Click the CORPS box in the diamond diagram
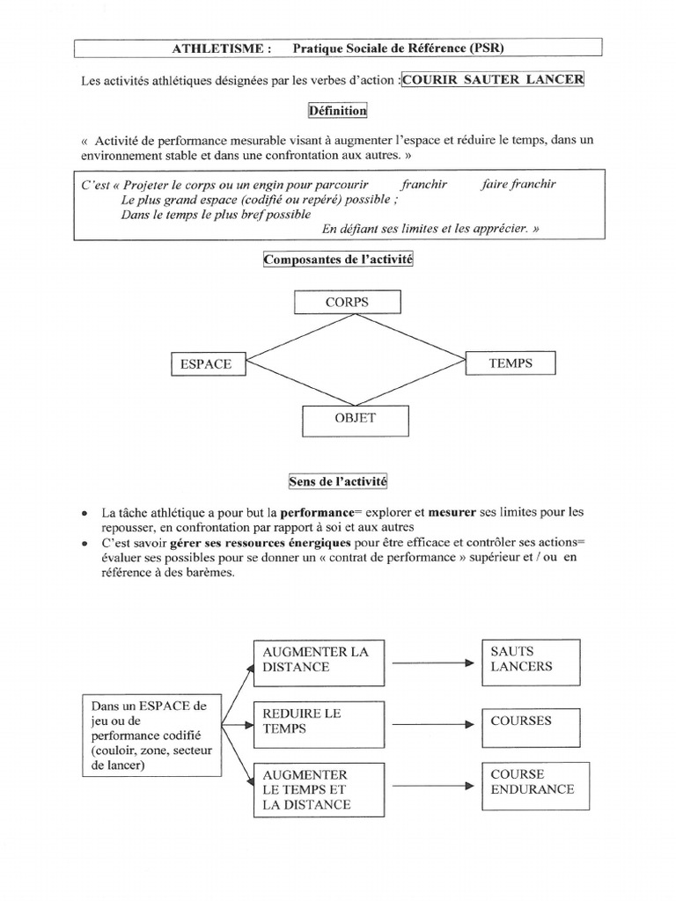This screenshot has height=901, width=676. (x=347, y=302)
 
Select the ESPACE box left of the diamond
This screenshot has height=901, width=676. (x=207, y=363)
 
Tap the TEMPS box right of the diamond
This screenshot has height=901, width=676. (x=511, y=362)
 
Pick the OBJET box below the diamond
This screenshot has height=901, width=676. (x=355, y=419)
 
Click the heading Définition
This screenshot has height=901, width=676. (x=337, y=111)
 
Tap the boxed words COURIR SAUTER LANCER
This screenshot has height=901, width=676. (x=492, y=79)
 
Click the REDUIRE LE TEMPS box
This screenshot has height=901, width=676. (x=319, y=722)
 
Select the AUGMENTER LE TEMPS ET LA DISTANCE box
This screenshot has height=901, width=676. (x=319, y=788)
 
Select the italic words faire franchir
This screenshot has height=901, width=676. (x=519, y=184)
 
